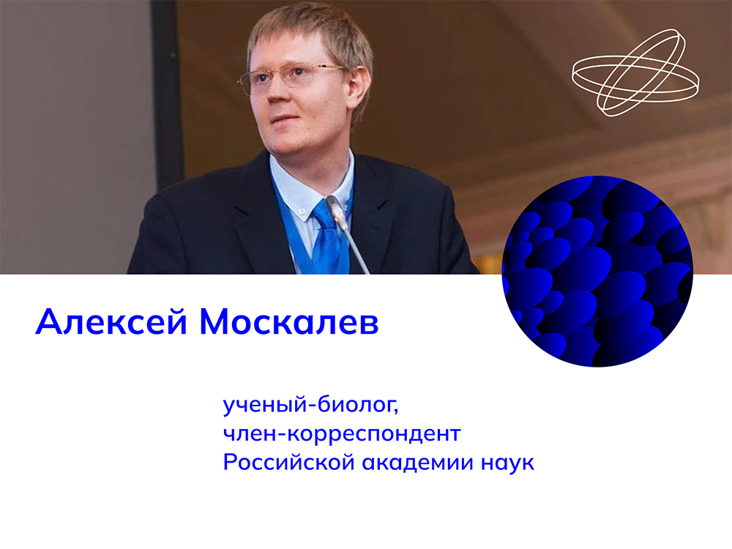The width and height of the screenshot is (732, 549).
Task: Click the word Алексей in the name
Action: tap(111, 321)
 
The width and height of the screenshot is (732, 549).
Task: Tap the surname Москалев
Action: tap(289, 321)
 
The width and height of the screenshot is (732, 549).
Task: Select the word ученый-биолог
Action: tap(311, 404)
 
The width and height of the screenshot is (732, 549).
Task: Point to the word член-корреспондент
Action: tap(342, 433)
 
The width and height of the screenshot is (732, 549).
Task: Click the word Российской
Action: tap(288, 462)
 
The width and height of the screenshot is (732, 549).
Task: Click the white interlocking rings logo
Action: tap(635, 72)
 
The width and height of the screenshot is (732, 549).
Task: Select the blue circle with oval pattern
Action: tap(597, 272)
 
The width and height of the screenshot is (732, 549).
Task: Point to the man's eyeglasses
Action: tap(292, 77)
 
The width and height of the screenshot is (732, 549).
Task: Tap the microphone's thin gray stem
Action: tap(356, 250)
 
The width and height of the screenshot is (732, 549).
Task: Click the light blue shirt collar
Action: tap(310, 187)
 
